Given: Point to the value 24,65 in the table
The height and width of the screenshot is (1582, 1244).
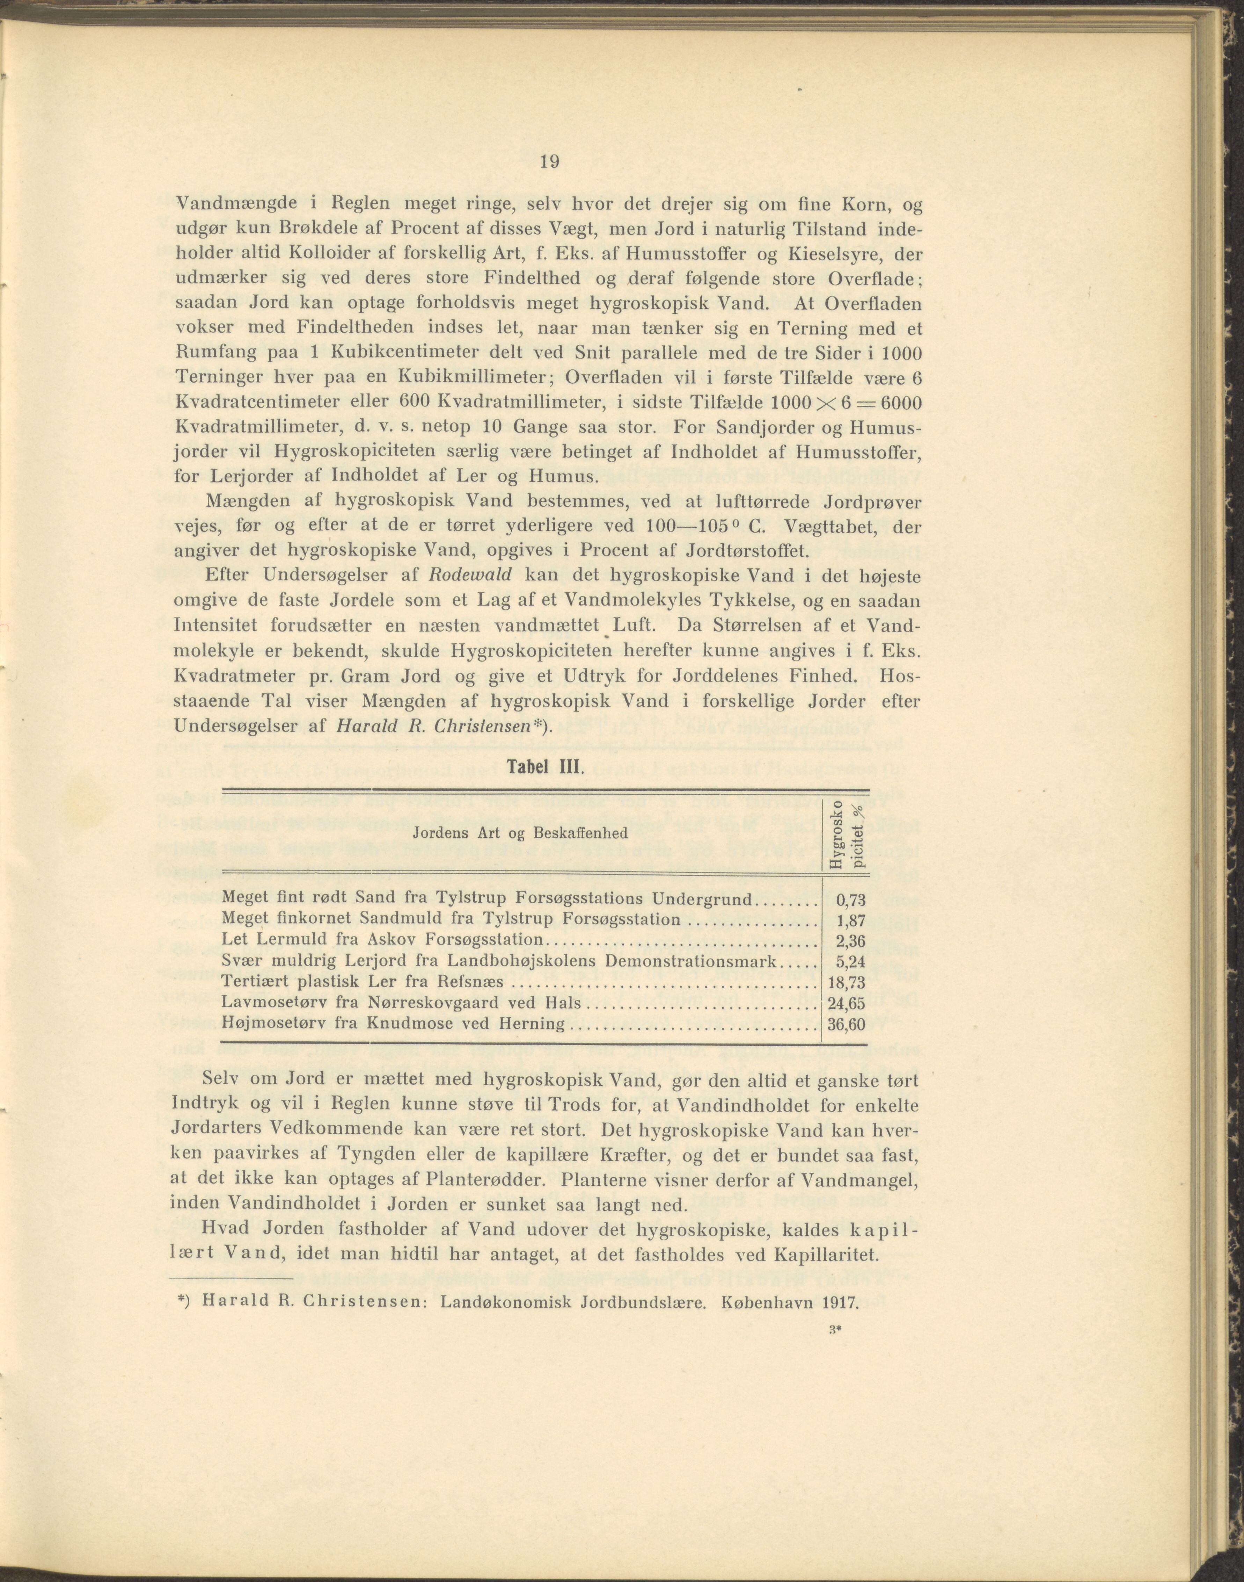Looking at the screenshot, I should (845, 1004).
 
